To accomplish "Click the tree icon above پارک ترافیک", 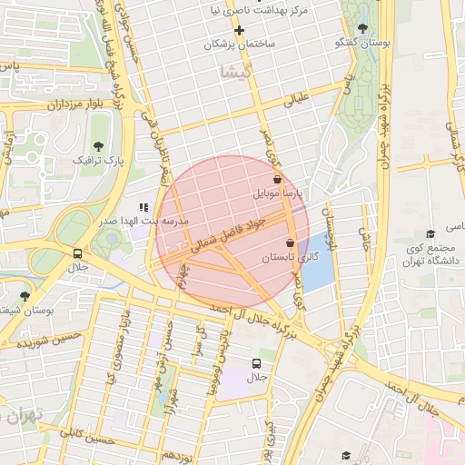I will (x=99, y=145).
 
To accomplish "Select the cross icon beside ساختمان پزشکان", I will (x=239, y=30).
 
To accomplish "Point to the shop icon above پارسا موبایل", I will (x=276, y=181).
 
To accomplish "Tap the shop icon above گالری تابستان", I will (x=290, y=242).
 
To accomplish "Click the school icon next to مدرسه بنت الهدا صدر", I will (x=143, y=207).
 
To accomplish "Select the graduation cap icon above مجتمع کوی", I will (x=430, y=233).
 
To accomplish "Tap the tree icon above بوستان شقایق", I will (x=25, y=295).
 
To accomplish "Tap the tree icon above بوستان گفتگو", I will (x=362, y=28).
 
